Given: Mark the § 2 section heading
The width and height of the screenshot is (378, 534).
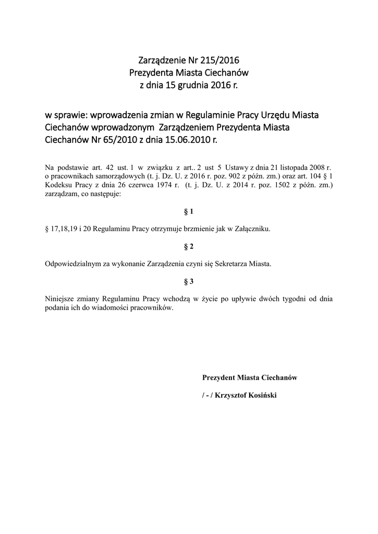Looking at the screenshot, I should pyautogui.click(x=189, y=246).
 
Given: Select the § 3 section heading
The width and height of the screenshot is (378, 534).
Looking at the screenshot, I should pyautogui.click(x=189, y=281).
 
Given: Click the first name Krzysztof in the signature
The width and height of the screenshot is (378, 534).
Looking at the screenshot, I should pyautogui.click(x=229, y=395).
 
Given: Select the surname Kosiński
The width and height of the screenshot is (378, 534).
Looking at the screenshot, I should pyautogui.click(x=263, y=395).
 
